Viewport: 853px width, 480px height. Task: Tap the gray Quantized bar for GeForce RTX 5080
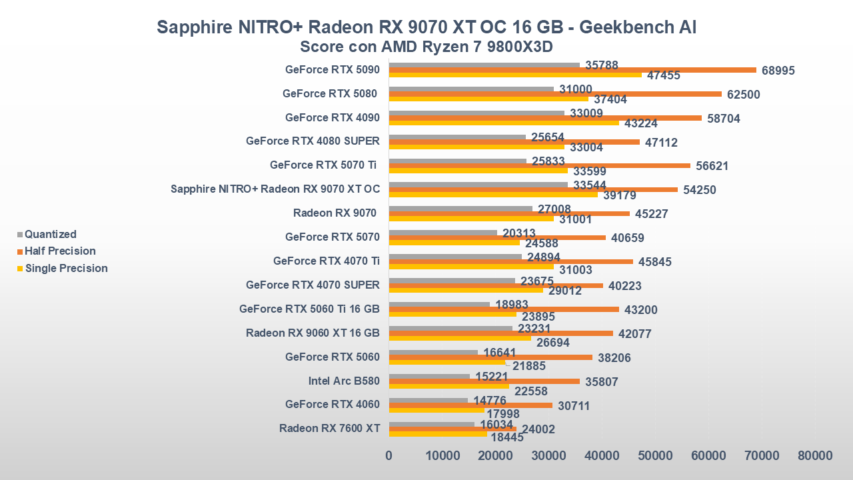470,89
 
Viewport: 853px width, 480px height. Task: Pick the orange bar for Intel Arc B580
484,381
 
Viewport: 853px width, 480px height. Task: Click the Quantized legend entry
50,234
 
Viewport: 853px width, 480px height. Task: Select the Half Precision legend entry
60,251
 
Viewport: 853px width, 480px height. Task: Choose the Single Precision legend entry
66,268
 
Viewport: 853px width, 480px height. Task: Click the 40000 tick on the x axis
602,455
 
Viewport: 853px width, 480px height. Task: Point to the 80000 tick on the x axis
814,455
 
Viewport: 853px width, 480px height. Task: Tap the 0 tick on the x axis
389,455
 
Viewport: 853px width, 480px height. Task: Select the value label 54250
700,190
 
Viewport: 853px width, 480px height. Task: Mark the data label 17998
504,414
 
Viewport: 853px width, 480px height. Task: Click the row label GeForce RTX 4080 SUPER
313,141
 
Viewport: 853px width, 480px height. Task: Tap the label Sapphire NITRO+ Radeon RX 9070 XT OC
275,189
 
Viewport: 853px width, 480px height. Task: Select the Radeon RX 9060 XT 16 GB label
313,333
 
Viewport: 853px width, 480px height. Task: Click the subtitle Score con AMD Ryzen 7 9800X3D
426,47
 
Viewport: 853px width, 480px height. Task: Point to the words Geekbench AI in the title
638,27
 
